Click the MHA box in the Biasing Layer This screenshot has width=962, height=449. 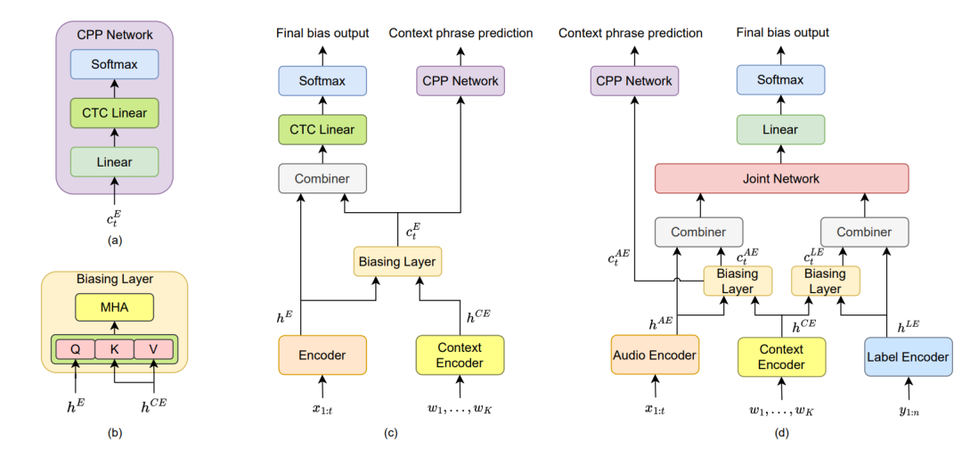pos(113,308)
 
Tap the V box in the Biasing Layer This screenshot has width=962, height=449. pos(152,349)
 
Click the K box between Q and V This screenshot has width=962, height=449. pos(113,349)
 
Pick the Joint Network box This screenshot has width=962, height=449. pos(781,178)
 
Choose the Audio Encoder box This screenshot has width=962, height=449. pos(656,356)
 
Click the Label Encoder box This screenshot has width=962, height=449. pos(908,356)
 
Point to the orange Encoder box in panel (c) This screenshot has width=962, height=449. pos(322,355)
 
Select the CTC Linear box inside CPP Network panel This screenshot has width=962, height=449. pos(113,113)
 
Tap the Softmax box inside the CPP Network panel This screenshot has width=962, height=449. pos(113,65)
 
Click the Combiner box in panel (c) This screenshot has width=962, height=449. pos(322,178)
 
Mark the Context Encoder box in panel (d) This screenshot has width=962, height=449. pos(781,356)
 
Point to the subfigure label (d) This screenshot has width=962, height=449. pos(781,434)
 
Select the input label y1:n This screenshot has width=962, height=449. pos(908,412)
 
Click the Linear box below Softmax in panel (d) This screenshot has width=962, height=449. pos(781,129)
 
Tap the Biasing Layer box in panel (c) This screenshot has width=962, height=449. pos(398,262)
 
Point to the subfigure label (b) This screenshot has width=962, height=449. pos(113,434)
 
